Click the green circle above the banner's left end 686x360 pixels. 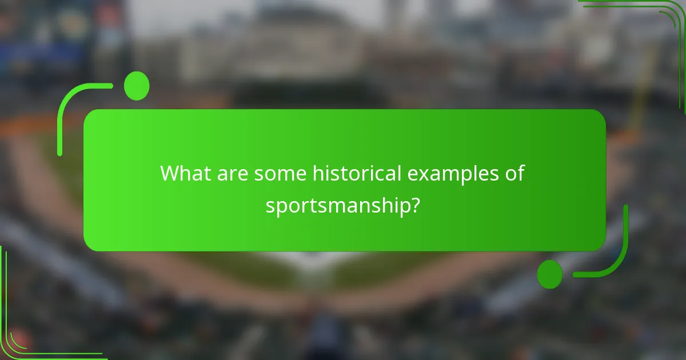(137, 86)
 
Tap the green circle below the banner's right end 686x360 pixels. (549, 274)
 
